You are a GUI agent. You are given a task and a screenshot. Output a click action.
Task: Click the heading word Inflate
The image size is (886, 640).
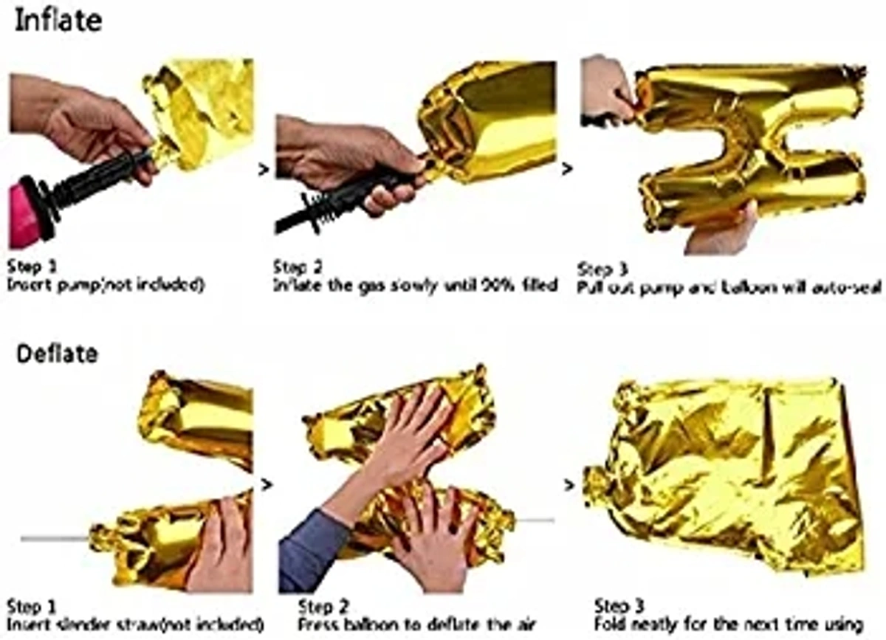[58, 21]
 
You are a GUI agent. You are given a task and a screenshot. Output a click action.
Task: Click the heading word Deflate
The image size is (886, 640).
[57, 354]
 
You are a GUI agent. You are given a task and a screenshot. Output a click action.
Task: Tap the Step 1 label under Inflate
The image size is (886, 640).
[31, 266]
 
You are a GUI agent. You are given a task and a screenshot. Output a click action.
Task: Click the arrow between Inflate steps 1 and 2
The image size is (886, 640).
[264, 171]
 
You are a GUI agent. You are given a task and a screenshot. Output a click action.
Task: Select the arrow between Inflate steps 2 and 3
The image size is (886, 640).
[567, 169]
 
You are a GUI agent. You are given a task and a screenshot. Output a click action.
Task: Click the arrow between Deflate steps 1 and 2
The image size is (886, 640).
[267, 484]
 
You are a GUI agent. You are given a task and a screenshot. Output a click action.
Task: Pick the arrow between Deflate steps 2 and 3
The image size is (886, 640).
[569, 486]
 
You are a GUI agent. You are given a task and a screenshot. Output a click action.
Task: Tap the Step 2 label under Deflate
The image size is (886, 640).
[322, 607]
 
